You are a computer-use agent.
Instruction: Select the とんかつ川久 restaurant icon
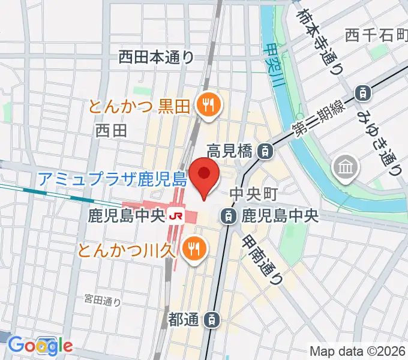pos(193,247)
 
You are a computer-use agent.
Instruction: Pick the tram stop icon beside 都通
pos(212,320)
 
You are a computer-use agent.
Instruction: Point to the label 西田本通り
pos(156,57)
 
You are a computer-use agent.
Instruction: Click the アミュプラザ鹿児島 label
pos(113,178)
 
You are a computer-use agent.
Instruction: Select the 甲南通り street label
pos(262,259)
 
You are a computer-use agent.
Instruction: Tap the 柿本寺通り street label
pos(320,41)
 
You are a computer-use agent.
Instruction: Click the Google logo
pos(40,345)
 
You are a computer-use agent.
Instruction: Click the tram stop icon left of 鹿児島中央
pos(227,215)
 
